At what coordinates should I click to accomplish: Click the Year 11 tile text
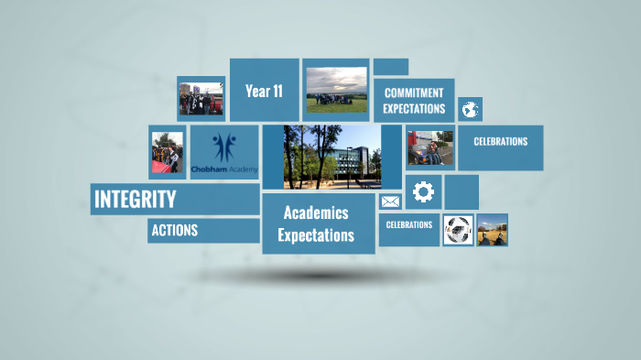point(264,91)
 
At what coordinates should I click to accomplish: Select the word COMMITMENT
point(414,93)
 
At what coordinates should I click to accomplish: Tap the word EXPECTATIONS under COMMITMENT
point(414,109)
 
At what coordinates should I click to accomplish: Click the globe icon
point(470,110)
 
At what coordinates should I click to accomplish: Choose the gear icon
point(423,191)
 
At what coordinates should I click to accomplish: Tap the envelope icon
point(391,202)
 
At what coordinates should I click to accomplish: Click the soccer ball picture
point(458,230)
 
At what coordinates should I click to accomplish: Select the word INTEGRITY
point(135,199)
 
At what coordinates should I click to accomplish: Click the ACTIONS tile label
point(174,230)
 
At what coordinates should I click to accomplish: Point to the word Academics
point(316,213)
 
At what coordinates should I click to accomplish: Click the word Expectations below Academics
point(316,235)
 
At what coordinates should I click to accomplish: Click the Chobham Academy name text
point(224,169)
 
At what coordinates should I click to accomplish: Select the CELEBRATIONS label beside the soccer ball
point(409,224)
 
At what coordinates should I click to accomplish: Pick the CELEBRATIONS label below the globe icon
point(500,142)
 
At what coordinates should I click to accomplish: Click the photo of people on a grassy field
point(336,90)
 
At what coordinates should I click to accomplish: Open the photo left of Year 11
point(201,99)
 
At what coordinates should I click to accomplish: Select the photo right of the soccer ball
point(493,230)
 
